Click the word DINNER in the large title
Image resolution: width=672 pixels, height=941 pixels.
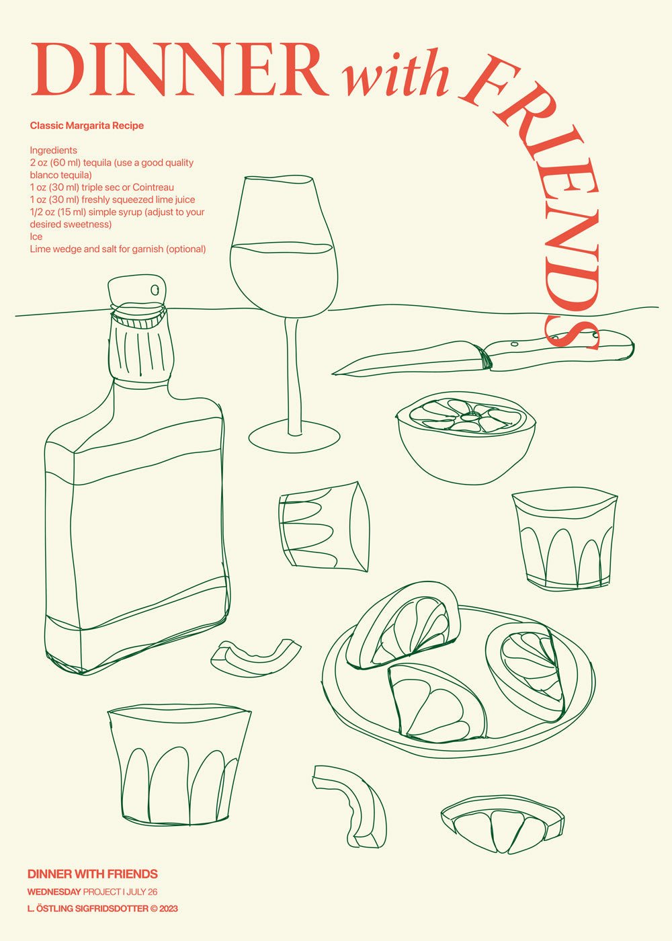[178, 71]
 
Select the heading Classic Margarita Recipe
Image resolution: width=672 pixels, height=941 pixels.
[87, 126]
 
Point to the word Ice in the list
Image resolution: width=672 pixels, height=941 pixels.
[36, 237]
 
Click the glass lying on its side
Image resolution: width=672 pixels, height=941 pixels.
[324, 527]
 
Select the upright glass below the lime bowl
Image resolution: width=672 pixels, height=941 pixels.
[564, 541]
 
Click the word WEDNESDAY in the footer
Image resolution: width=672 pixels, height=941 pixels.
[54, 892]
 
